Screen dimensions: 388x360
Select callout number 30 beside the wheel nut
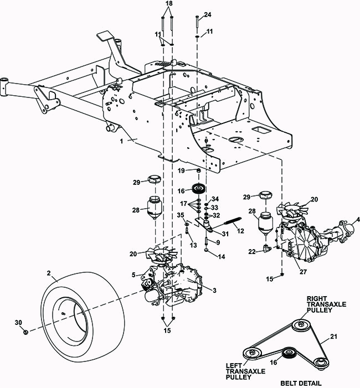click(18, 322)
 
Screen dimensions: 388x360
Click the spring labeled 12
click(233, 223)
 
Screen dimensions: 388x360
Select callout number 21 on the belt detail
click(333, 336)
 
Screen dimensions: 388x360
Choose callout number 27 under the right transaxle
click(302, 271)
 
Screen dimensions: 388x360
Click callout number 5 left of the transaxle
click(133, 275)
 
